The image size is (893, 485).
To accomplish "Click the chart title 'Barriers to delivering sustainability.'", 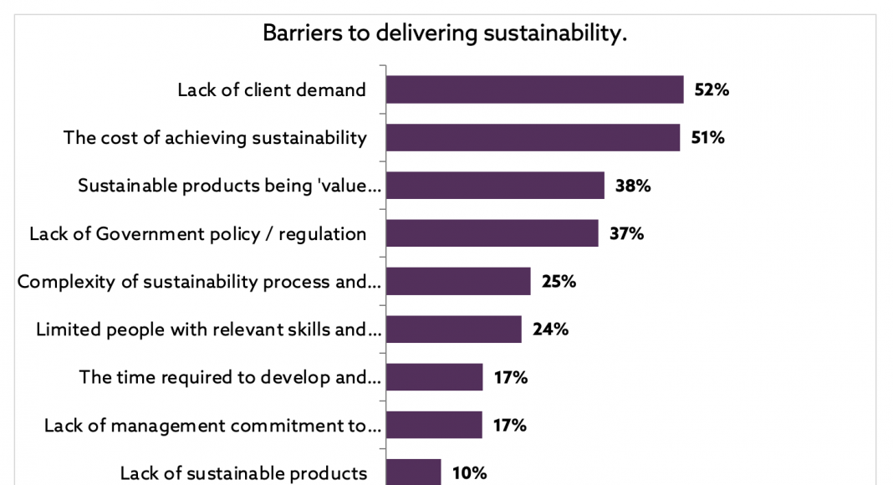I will [x=445, y=33].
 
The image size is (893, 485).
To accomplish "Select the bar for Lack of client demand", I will [x=535, y=89].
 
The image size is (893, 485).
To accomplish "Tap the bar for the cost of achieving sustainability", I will [x=533, y=137].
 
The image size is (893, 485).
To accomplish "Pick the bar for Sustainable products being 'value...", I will [x=495, y=186].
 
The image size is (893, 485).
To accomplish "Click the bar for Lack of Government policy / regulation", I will [x=492, y=233].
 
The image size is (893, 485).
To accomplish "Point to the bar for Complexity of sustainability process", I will [x=458, y=282].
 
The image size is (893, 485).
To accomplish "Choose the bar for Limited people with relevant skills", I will [x=454, y=329].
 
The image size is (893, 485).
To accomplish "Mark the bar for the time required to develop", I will [x=435, y=377].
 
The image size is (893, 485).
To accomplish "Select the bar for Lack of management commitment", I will [x=435, y=425].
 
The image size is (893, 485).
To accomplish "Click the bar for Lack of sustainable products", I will [x=414, y=472].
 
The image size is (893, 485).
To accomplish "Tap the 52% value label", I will [x=712, y=89].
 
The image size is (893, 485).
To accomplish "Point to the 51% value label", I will [x=707, y=137].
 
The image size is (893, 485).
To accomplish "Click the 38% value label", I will [x=632, y=186].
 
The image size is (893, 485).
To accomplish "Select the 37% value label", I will [x=626, y=233].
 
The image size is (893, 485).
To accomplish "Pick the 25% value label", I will [x=559, y=282].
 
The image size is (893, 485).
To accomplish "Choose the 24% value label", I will [x=550, y=329].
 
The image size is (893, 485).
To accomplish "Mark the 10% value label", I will [x=469, y=473].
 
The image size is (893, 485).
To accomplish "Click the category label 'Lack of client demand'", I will [x=272, y=89].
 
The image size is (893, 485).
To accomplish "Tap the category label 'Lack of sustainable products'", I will [x=243, y=473].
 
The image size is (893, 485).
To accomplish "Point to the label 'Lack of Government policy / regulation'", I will [x=198, y=234].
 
